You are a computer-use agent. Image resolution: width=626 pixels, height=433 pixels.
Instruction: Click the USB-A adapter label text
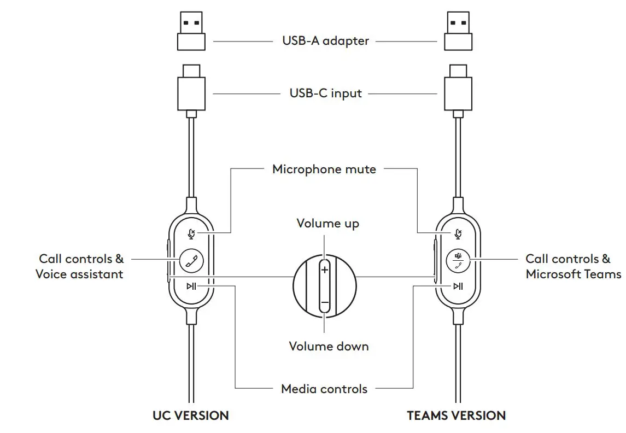coord(325,41)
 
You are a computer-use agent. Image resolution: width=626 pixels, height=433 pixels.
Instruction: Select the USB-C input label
coord(325,93)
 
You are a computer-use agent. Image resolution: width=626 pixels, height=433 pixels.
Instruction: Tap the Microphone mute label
coord(324,169)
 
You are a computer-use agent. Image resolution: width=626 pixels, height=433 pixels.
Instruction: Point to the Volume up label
coord(327,223)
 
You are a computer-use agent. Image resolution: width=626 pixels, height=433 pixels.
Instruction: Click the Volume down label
coord(329,346)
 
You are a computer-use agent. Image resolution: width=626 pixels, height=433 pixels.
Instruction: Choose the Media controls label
coord(324,389)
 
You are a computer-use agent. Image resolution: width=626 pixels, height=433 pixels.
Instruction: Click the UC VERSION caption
coord(190,416)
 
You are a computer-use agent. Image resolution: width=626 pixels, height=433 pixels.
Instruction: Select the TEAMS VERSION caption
coord(456,416)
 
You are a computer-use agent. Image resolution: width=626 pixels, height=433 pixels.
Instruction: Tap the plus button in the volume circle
coord(325,270)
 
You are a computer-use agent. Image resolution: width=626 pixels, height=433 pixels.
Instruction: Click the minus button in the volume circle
coord(325,303)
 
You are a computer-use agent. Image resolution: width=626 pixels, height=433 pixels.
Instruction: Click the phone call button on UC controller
coord(191,260)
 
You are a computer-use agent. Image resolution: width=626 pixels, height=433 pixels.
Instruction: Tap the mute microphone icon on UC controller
coord(191,234)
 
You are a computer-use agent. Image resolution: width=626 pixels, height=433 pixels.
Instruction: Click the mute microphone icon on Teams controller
coord(458,234)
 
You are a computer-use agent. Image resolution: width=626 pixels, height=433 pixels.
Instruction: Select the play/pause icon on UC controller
coord(191,286)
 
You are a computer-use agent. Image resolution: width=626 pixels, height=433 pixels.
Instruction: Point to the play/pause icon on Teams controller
coord(458,286)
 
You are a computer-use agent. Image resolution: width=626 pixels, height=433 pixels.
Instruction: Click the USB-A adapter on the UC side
coord(191,32)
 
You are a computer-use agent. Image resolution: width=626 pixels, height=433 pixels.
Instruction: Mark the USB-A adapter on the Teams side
coord(458,32)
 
